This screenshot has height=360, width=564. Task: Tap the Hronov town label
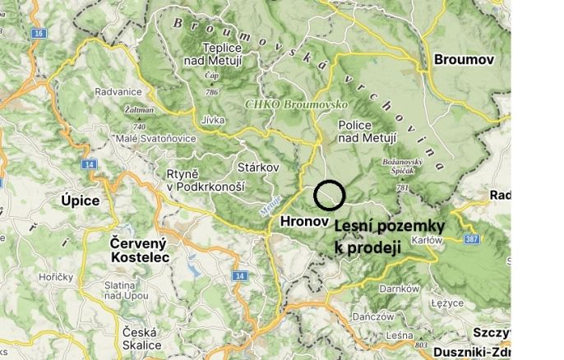point(304,221)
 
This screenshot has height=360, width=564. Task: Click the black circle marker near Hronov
point(329,195)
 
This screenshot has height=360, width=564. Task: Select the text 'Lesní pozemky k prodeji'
point(389,236)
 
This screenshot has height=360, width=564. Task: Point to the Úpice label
point(80,201)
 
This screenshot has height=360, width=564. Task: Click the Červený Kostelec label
point(139,250)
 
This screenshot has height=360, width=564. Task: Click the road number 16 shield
point(38,34)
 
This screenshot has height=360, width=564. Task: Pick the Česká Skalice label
point(141,339)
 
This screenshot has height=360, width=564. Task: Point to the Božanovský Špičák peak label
point(403,168)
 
